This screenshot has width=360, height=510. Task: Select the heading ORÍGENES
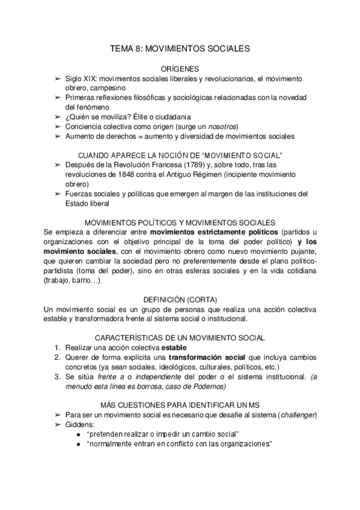coord(180,69)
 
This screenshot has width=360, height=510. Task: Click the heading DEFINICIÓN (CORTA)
coord(180,299)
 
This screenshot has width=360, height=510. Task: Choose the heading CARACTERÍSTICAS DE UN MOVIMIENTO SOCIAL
coord(180,338)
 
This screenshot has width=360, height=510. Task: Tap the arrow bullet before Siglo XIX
coord(57,79)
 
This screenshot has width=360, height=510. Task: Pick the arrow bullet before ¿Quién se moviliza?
coord(57,117)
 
